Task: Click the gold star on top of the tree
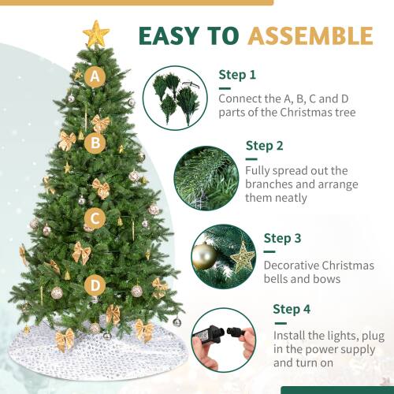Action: pyautogui.click(x=96, y=34)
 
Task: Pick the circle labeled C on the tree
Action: pyautogui.click(x=95, y=218)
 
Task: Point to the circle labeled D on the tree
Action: pyautogui.click(x=95, y=284)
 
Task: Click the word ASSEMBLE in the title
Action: pyautogui.click(x=310, y=36)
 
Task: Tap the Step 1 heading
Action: pyautogui.click(x=237, y=76)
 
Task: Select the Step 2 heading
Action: pyautogui.click(x=265, y=145)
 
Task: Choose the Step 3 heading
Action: pyautogui.click(x=282, y=238)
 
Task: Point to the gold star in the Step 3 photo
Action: pyautogui.click(x=242, y=256)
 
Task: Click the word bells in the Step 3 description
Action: pyautogui.click(x=279, y=279)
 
